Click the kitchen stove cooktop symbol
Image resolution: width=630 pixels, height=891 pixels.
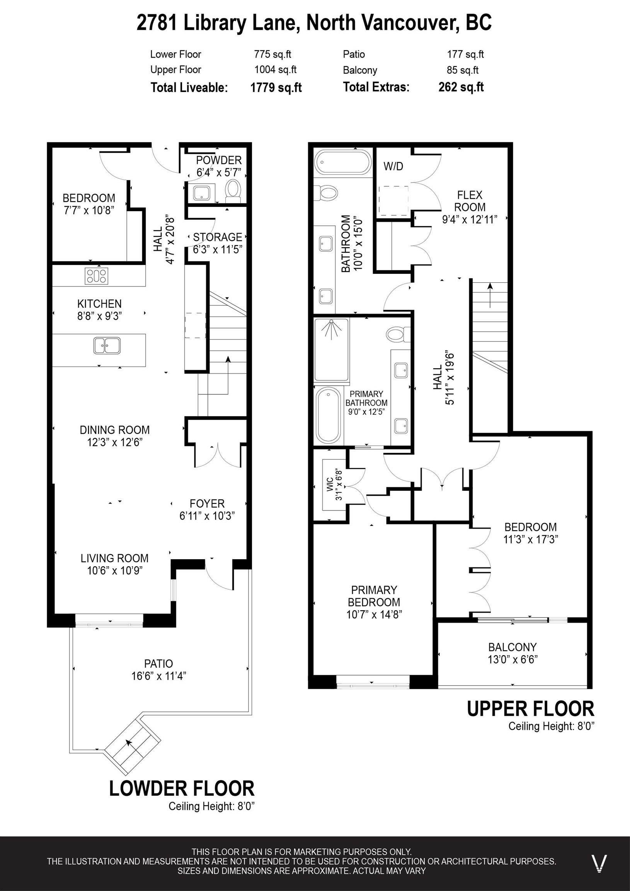[97, 276]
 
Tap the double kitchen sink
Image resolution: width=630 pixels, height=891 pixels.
[107, 345]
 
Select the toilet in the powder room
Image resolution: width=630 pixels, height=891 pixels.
[233, 191]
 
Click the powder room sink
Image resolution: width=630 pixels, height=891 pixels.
[202, 193]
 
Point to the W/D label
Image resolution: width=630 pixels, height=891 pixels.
[393, 166]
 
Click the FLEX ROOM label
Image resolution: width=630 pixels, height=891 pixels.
[469, 201]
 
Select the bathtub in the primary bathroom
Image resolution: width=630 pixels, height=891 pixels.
[328, 415]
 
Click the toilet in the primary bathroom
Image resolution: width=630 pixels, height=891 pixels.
[398, 334]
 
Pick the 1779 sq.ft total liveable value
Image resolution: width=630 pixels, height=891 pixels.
[276, 88]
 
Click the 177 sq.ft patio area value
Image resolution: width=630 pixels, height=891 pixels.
[465, 54]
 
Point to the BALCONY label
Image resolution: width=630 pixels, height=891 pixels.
[513, 647]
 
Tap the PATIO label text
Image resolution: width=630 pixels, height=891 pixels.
[158, 664]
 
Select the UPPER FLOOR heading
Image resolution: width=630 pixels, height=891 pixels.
[530, 708]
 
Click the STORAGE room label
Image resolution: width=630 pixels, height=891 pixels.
[218, 237]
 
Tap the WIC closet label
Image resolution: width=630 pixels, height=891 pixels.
[330, 485]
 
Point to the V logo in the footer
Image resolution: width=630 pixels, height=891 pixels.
[599, 864]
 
